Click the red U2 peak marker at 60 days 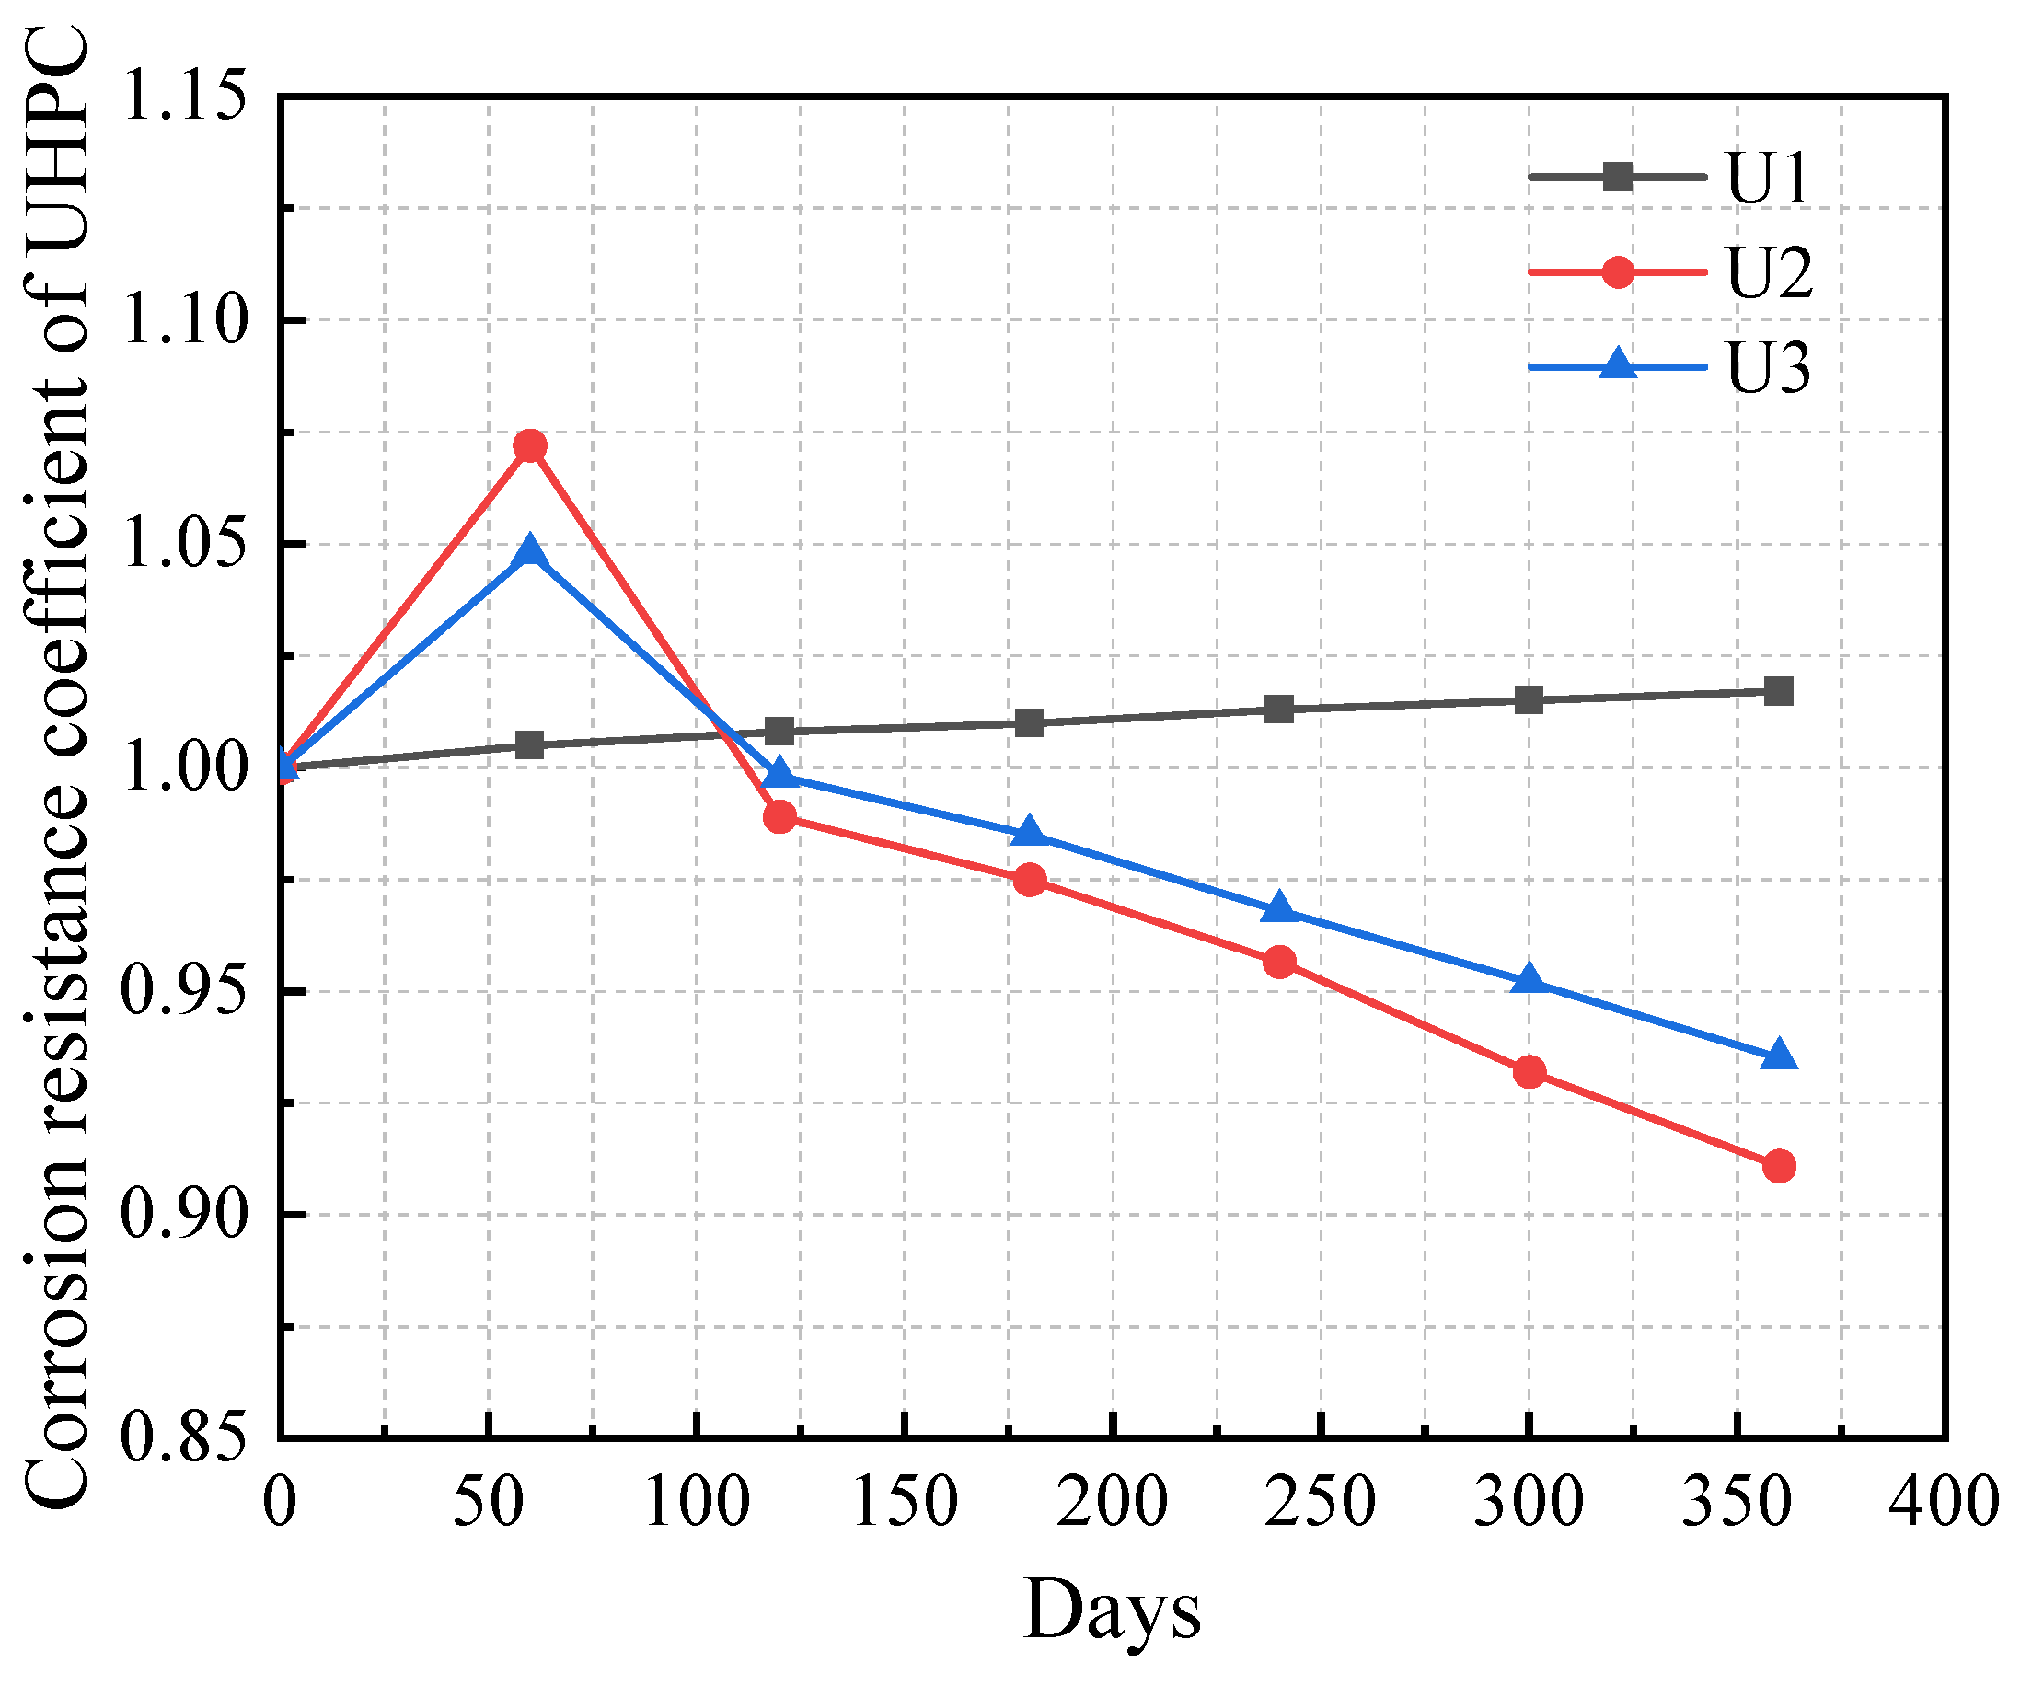[529, 445]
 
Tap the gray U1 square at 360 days [1779, 691]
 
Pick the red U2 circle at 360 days [1779, 1166]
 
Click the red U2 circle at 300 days [1529, 1071]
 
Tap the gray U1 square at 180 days [1030, 722]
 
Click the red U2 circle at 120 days [779, 817]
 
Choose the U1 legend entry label [1767, 179]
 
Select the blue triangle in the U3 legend [1618, 364]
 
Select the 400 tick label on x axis [1943, 1502]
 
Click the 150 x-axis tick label [904, 1502]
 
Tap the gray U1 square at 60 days [529, 744]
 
